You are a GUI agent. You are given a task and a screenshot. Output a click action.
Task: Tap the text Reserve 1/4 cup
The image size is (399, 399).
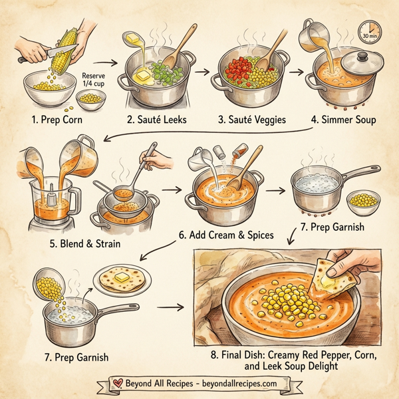click(93, 80)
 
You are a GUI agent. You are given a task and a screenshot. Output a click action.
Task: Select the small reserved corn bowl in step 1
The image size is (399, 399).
click(91, 100)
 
